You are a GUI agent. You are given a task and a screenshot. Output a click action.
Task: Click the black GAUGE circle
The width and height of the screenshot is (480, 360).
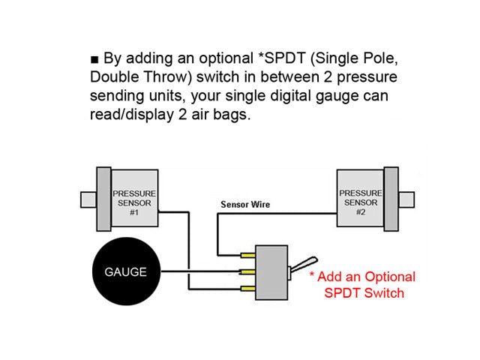click(125, 271)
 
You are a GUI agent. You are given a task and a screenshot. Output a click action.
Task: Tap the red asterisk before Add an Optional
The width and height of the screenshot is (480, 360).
click(313, 277)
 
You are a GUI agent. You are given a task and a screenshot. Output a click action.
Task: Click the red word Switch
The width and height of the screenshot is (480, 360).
click(384, 292)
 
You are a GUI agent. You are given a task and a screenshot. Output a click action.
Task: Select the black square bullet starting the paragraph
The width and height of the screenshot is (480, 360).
click(94, 58)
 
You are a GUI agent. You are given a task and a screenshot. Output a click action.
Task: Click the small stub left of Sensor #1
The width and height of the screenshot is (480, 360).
click(87, 200)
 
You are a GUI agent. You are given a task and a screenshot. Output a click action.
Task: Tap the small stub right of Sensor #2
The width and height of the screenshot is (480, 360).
click(406, 200)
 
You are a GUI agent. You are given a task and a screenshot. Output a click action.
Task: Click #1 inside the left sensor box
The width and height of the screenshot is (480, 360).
click(134, 212)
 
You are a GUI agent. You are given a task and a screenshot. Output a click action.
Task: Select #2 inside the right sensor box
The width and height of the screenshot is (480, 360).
click(360, 212)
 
